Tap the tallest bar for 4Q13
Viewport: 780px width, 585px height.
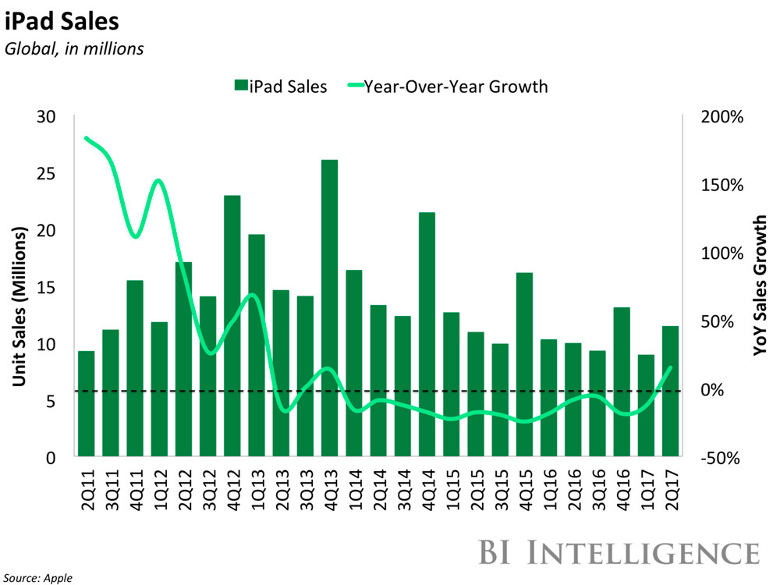329,308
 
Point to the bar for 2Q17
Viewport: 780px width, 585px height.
670,391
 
